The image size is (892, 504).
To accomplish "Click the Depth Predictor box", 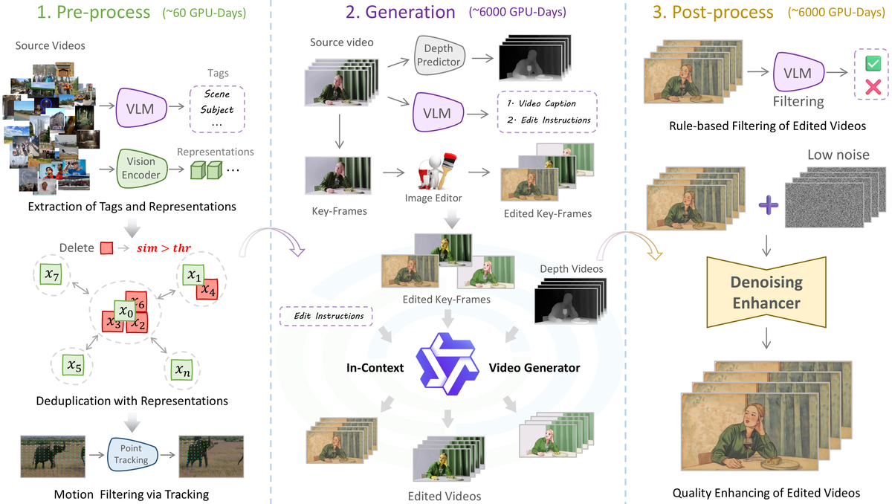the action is tap(439, 55).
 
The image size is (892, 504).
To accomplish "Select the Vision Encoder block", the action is tap(141, 168).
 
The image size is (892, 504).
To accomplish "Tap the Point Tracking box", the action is tap(132, 454).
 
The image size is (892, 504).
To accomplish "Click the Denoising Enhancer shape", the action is tap(766, 292).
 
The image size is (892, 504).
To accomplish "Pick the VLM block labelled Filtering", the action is tap(798, 72).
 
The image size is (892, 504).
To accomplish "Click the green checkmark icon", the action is tap(873, 64).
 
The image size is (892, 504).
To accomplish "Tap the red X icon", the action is tap(873, 87).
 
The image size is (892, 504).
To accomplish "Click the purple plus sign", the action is tap(768, 205).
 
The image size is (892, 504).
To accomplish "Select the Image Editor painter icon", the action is tap(436, 172).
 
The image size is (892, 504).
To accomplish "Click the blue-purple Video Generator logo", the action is tap(447, 364).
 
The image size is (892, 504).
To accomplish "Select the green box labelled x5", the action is tap(74, 365).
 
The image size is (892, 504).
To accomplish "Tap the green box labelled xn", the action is tap(182, 370).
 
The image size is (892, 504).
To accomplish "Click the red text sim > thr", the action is tap(164, 248).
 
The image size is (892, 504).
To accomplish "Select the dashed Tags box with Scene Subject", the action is tap(217, 109).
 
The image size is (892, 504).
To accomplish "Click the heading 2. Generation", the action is tap(400, 12).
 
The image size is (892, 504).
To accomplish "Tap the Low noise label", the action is tap(838, 155).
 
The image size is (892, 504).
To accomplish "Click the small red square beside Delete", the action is tap(107, 248).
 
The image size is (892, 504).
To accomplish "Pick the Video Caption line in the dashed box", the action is tap(542, 103).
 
